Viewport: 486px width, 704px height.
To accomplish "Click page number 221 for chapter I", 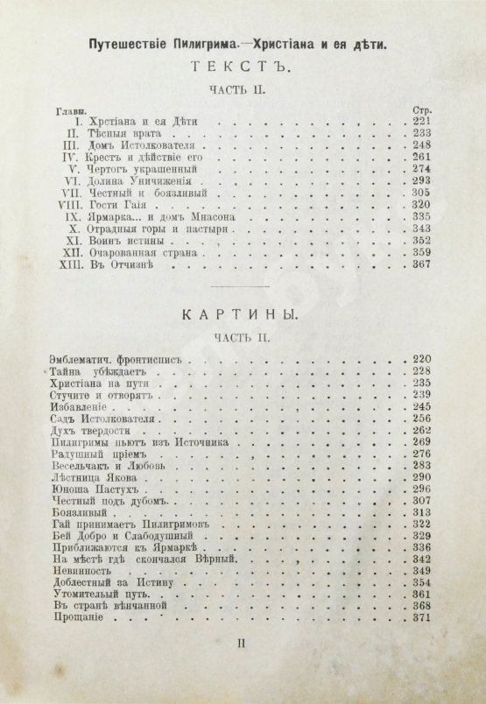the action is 422,121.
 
